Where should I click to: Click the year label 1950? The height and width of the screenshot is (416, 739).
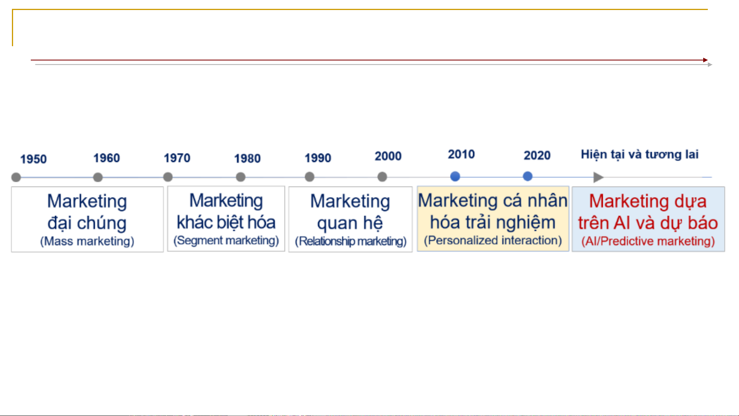click(x=33, y=159)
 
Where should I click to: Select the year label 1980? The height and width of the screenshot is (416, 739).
click(x=247, y=158)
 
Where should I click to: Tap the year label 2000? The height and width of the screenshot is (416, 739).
click(x=388, y=156)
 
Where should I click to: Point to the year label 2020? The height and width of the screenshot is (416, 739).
click(x=537, y=155)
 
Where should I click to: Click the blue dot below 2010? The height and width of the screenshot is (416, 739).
click(x=455, y=177)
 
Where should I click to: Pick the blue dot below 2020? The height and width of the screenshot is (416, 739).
click(x=528, y=177)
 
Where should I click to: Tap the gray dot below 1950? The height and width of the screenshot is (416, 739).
click(x=16, y=177)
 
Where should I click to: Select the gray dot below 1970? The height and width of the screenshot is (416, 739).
click(x=168, y=177)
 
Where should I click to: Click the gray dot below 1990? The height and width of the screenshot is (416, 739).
click(x=309, y=177)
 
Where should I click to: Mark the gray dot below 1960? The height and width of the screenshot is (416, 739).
click(x=98, y=177)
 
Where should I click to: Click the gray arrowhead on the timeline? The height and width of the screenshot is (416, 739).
click(x=598, y=177)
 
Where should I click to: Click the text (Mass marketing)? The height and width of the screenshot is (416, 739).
click(x=87, y=241)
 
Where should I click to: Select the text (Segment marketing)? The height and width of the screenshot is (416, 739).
click(x=226, y=241)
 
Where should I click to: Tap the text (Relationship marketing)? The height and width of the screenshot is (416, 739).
click(x=351, y=241)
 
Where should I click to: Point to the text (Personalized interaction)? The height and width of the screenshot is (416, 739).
click(x=493, y=241)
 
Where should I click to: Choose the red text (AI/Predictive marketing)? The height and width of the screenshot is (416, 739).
click(x=648, y=241)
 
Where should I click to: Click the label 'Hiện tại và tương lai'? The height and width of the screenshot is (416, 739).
click(x=640, y=155)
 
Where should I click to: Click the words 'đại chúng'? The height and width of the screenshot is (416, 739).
click(x=87, y=223)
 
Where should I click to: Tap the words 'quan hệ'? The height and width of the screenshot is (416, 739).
click(x=350, y=223)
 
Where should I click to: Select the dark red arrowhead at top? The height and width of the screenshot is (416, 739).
click(x=706, y=60)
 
